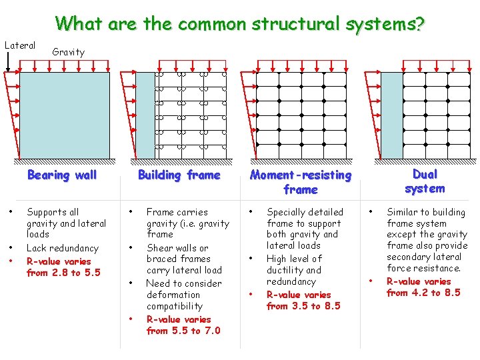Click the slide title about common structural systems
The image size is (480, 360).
(x=240, y=23)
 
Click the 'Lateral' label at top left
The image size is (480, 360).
(x=20, y=45)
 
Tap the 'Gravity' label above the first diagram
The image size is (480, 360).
(x=68, y=52)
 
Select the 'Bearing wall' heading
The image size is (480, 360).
(x=61, y=175)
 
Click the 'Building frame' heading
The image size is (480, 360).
(x=179, y=175)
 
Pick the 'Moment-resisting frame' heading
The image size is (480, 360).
(x=300, y=182)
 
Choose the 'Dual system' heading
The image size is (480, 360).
(x=425, y=181)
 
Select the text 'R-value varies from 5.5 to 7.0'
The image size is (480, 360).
(x=183, y=325)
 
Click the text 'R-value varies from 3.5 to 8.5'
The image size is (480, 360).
(x=303, y=301)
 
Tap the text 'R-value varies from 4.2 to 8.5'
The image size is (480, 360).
(x=423, y=287)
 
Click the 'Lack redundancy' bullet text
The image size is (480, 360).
(x=62, y=248)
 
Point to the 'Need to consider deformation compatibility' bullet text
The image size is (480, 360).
(x=183, y=295)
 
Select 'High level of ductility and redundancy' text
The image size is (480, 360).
(x=294, y=270)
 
